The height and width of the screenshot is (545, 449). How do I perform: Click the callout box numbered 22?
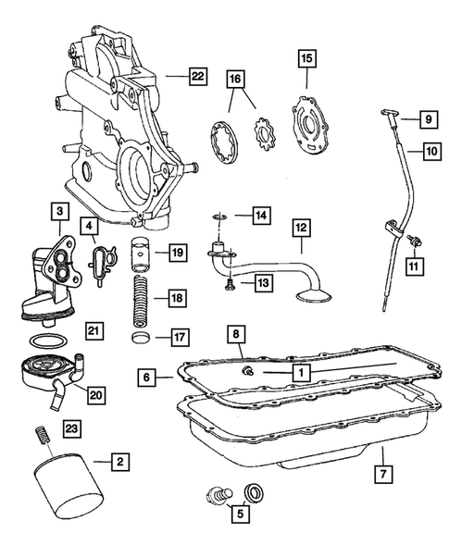[197, 77]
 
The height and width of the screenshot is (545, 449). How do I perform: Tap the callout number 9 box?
[429, 119]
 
